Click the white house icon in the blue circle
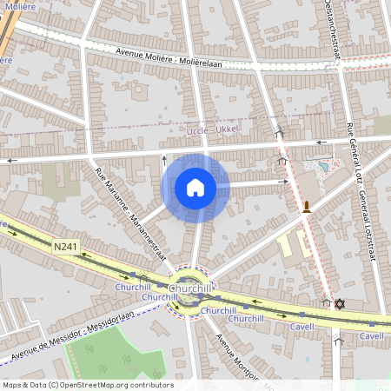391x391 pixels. (195, 188)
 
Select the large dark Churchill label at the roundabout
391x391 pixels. (190, 288)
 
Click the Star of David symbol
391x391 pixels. (340, 303)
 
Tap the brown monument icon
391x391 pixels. (307, 206)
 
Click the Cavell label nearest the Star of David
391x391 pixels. (302, 326)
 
